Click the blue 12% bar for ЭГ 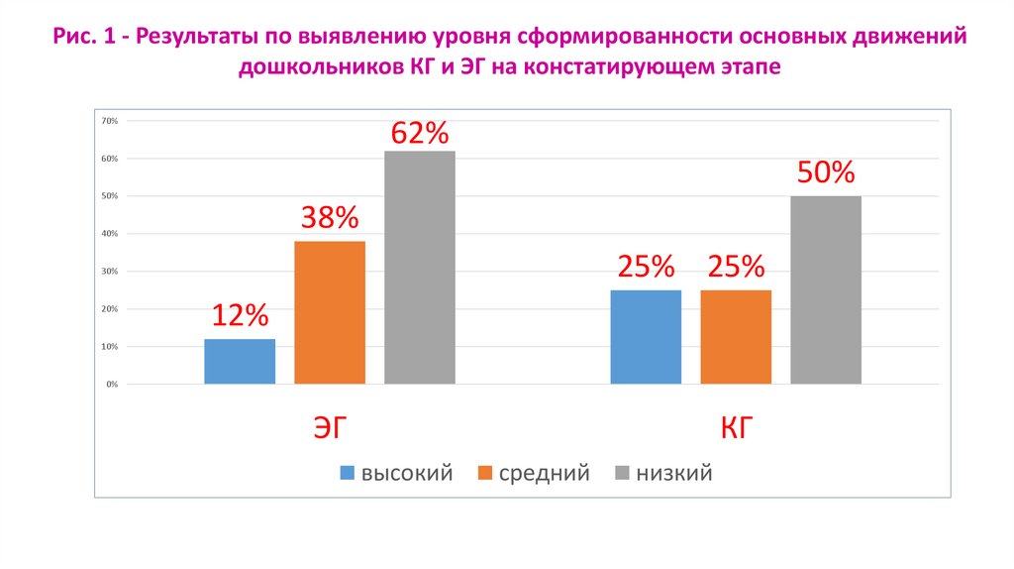(240, 361)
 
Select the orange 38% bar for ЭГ (330, 312)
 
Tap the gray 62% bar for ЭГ (420, 267)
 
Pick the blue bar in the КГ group (646, 336)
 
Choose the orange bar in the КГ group (736, 336)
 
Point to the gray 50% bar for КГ (826, 289)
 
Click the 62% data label (420, 133)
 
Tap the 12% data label (240, 316)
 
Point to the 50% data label (826, 173)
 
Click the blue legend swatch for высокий (347, 474)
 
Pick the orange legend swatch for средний (484, 474)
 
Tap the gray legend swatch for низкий (622, 474)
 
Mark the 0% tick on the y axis (111, 385)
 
